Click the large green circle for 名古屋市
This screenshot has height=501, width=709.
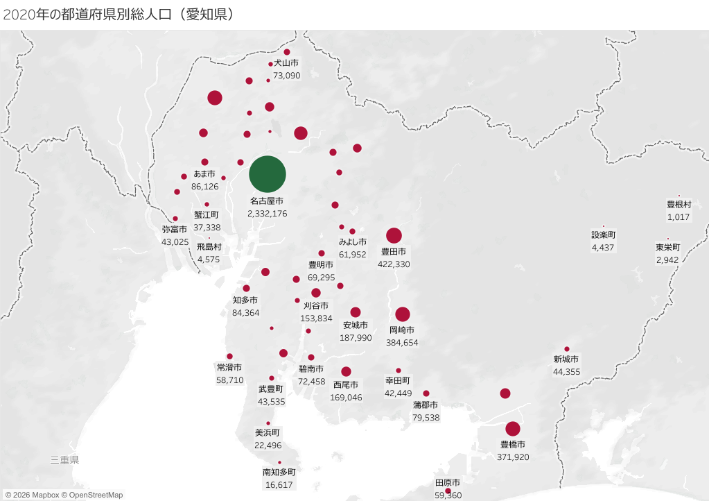click(268, 174)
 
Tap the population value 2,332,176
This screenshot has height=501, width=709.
click(268, 214)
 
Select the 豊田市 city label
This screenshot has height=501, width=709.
click(394, 252)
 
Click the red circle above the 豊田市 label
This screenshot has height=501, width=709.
click(394, 235)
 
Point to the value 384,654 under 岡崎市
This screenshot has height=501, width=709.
click(403, 343)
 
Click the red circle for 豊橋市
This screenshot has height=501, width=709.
click(513, 429)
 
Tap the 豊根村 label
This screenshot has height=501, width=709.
click(679, 205)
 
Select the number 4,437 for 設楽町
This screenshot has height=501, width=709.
click(603, 248)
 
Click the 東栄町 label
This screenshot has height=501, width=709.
click(668, 247)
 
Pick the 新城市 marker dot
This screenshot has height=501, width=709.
click(567, 349)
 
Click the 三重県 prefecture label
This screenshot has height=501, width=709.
click(64, 460)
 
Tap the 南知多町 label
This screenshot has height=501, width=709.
click(279, 473)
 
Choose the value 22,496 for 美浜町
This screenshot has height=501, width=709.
click(268, 445)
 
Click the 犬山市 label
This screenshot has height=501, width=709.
click(286, 63)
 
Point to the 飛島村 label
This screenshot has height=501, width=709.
click(209, 246)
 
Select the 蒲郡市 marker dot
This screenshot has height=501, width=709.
click(426, 393)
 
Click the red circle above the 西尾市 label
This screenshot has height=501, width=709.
click(347, 371)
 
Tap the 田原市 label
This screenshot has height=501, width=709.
click(448, 483)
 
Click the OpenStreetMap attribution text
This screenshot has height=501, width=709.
click(92, 495)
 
